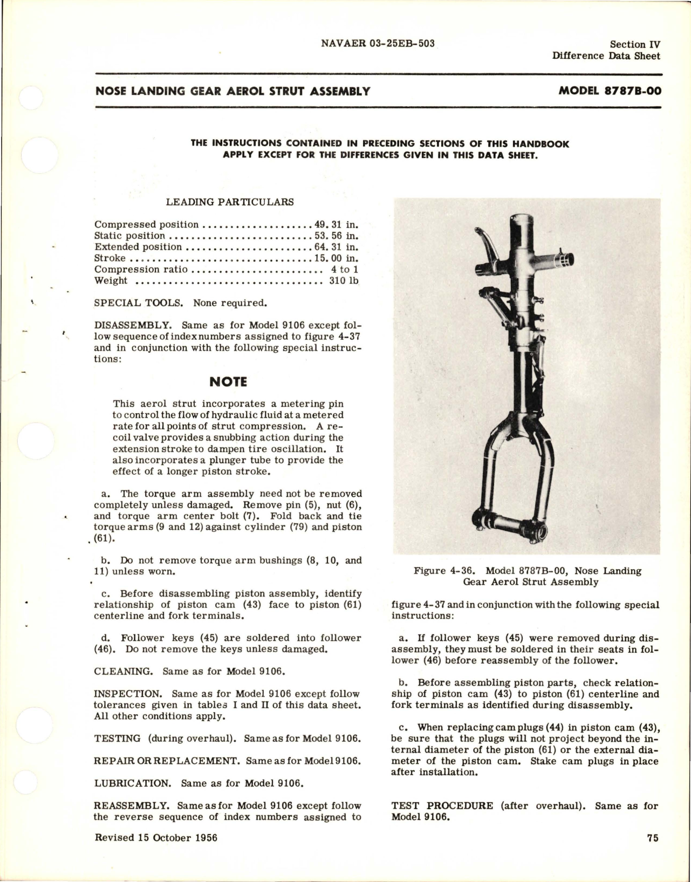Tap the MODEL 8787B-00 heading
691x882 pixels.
click(610, 91)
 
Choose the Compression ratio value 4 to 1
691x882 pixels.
click(345, 269)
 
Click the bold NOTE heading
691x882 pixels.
click(228, 382)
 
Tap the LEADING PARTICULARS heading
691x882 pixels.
click(230, 202)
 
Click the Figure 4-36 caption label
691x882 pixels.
click(447, 571)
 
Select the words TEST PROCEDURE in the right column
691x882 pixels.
click(442, 806)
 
